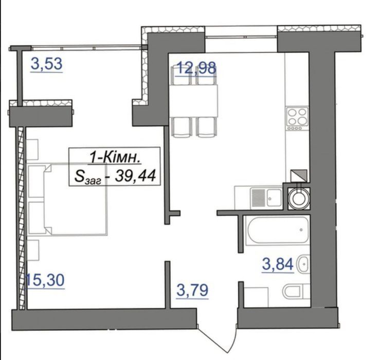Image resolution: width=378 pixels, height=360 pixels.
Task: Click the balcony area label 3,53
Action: (x=46, y=64)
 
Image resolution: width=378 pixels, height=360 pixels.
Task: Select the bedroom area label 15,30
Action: (x=45, y=280)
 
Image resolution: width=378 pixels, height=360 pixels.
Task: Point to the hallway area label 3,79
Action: (x=192, y=290)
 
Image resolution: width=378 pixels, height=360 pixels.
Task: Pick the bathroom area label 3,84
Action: (x=278, y=264)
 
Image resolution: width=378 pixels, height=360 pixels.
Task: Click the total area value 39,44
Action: (x=135, y=176)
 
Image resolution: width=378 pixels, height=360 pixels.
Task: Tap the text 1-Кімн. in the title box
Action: (x=115, y=158)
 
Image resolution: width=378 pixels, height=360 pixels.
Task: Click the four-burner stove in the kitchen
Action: (x=297, y=119)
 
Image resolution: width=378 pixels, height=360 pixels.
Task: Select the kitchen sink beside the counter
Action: (x=266, y=198)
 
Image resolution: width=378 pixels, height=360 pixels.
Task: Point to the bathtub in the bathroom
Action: (x=278, y=230)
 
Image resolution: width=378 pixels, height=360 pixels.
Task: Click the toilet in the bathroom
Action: (x=296, y=291)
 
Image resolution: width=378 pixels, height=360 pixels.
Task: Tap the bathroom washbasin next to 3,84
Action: (x=304, y=264)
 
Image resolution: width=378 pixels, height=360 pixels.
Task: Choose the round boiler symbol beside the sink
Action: (x=299, y=198)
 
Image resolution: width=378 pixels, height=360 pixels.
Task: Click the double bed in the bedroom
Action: (x=67, y=199)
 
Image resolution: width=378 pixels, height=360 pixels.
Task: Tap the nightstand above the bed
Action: (x=32, y=149)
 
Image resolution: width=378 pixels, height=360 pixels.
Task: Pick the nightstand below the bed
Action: (x=33, y=250)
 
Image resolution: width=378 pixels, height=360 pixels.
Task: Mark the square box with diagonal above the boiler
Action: (x=299, y=176)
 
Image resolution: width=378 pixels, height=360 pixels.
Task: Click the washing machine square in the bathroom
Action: (x=256, y=297)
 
